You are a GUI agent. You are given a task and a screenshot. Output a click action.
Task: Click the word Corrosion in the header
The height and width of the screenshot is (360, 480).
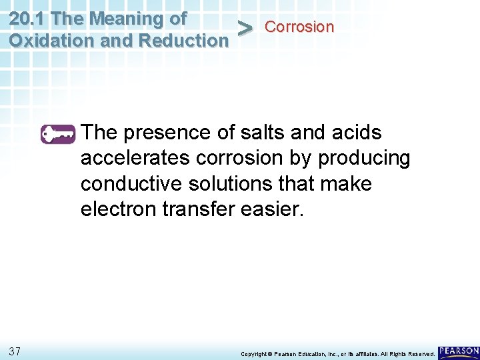coord(299,27)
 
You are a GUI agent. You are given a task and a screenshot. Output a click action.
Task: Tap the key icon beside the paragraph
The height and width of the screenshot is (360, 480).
coord(59,134)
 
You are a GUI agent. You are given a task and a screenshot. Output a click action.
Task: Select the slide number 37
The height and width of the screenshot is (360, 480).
coord(16,351)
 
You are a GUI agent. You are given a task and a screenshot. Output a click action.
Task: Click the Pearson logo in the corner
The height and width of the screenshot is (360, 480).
coord(459,351)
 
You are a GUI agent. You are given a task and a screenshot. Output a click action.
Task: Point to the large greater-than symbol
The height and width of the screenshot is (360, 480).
coord(245,29)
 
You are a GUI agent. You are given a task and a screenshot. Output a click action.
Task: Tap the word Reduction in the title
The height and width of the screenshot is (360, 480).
coord(183,41)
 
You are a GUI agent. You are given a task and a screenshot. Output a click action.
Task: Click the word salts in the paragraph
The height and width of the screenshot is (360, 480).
coord(259,133)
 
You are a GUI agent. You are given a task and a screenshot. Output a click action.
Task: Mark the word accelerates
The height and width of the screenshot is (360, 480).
coord(137,159)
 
